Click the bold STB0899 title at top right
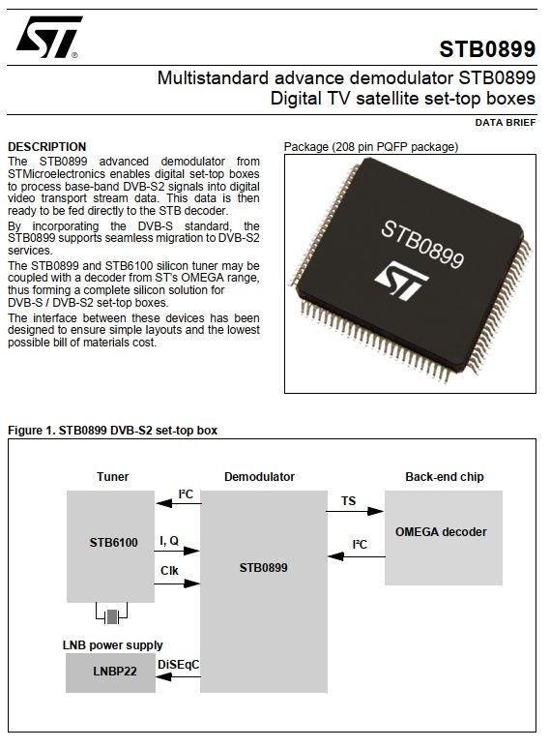coord(487,49)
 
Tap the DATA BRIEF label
coord(506,123)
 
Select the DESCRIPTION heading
coord(47,146)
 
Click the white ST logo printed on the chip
coord(401,281)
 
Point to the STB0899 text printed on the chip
coord(422,244)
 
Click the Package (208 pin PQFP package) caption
coord(371,146)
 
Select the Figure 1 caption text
coord(112,431)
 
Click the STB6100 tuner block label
coord(113,543)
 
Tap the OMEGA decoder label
coord(441,532)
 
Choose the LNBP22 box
coord(110,673)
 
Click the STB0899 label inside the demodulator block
coord(263,568)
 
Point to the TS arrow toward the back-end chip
coord(355,511)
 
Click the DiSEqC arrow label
coord(178,665)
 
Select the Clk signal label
coord(169,571)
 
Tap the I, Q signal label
coord(169,541)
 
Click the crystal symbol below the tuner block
coord(111,616)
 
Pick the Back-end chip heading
coord(445,476)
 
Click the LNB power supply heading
coord(112,645)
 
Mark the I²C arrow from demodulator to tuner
coord(179,503)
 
